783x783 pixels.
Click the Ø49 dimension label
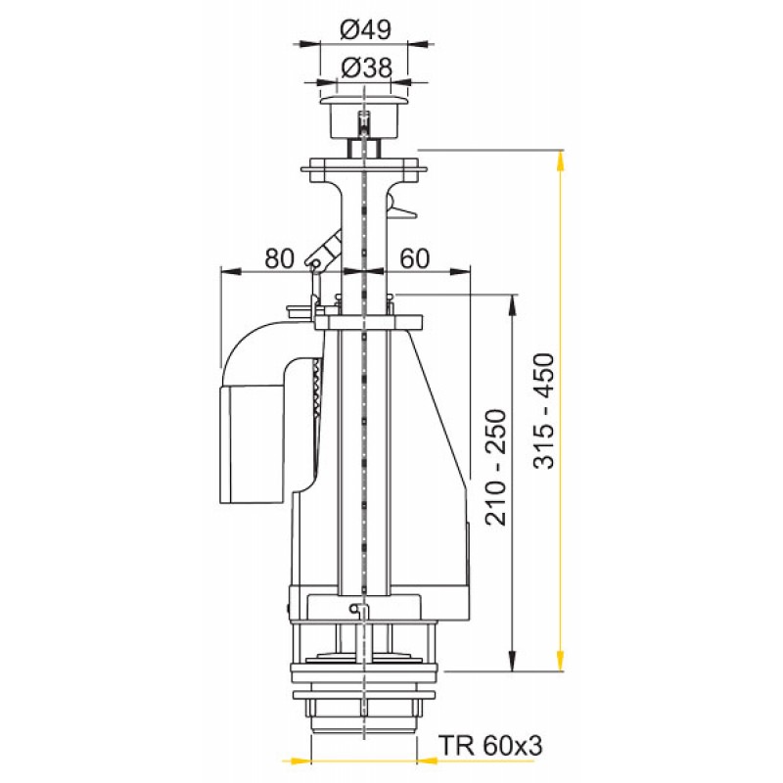(x=365, y=30)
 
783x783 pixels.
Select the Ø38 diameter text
(x=366, y=68)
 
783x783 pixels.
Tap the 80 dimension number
(x=279, y=258)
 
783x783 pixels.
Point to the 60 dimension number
(x=414, y=258)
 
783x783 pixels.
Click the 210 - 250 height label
(x=496, y=467)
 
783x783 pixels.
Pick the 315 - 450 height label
(x=544, y=411)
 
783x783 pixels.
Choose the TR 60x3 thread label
(x=490, y=747)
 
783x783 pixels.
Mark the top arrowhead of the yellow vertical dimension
(x=560, y=161)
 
